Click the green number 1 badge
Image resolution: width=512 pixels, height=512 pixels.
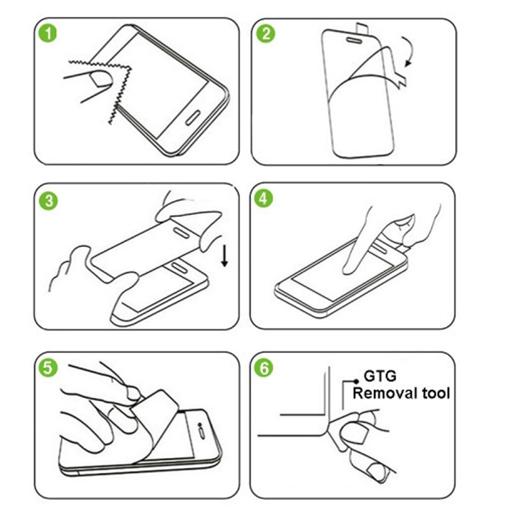tap(47, 33)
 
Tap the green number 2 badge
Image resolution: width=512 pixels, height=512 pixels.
tap(266, 34)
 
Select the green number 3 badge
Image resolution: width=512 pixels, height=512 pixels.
tap(49, 200)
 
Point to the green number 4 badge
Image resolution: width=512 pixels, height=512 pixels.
tap(264, 198)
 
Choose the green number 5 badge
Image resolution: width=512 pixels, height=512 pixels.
tap(48, 367)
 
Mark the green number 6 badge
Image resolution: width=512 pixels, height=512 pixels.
tap(264, 367)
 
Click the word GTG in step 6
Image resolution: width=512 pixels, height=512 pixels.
tap(380, 376)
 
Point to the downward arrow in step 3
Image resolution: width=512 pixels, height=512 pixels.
tap(225, 257)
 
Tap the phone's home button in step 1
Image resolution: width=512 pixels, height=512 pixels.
tap(193, 117)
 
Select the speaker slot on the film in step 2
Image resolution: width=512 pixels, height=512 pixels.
tap(354, 40)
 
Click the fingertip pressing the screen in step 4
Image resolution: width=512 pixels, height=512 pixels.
tap(349, 269)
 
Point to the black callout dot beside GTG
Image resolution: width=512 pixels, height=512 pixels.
tap(356, 381)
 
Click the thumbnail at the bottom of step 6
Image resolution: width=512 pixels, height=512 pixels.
tap(376, 472)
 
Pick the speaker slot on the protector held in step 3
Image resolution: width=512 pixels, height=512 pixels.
tap(180, 232)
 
